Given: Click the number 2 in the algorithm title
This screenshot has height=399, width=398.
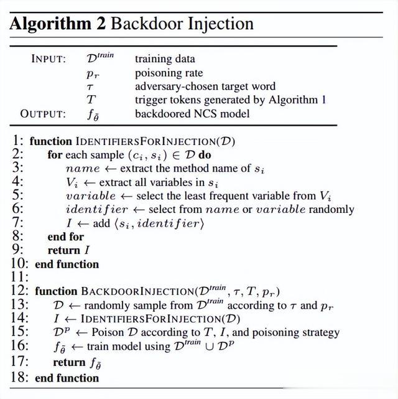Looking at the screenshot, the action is click(101, 24).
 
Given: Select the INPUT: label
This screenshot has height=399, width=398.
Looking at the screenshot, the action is click(49, 59).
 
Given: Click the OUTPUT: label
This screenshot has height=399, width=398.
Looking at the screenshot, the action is click(43, 114).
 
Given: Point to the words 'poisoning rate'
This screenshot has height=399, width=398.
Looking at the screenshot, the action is click(169, 73).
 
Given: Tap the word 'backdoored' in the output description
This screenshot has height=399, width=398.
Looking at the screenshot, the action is click(163, 114).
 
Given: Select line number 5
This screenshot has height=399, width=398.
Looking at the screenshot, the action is click(17, 195).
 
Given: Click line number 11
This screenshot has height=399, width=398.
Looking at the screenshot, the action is click(19, 277).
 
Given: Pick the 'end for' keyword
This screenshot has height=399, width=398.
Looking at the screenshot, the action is click(66, 237).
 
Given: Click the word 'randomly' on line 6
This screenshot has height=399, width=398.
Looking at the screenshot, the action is click(331, 210).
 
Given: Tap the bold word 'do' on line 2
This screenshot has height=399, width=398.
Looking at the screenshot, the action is click(205, 155).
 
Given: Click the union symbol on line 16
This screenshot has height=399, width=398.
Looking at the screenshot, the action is click(210, 347).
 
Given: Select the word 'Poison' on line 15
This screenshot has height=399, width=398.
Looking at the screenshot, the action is click(108, 332).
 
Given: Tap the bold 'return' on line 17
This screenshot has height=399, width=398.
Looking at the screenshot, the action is click(69, 362).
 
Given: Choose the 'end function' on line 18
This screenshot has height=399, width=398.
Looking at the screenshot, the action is click(67, 378).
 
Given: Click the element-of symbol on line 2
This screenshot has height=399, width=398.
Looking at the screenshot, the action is click(175, 156).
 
